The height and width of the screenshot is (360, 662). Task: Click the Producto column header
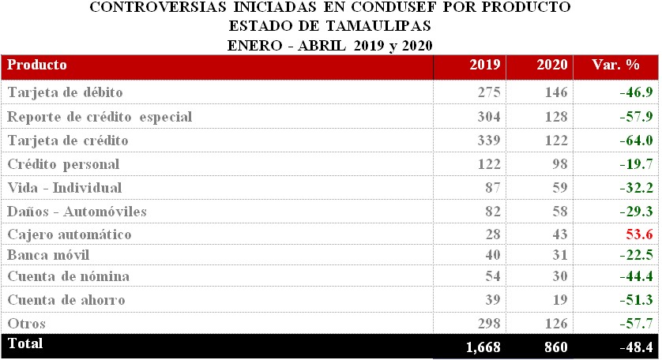(x=37, y=65)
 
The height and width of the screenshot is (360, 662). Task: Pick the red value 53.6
(x=637, y=234)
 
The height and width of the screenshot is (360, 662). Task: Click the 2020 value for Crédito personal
(x=557, y=164)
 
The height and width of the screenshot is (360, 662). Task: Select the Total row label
(x=24, y=343)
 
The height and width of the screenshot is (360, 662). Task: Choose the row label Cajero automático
(x=70, y=234)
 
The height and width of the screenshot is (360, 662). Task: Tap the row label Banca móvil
(x=48, y=254)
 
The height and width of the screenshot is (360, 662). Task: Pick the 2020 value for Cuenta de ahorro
(x=557, y=300)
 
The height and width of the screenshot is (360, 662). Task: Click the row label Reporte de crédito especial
(x=100, y=117)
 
